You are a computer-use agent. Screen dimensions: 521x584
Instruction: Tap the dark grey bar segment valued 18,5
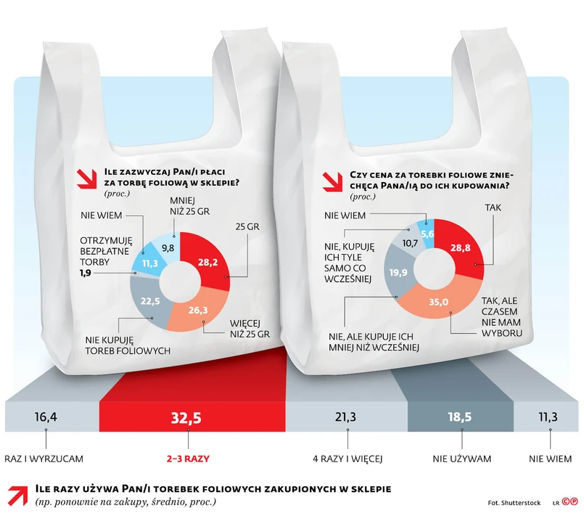(461, 417)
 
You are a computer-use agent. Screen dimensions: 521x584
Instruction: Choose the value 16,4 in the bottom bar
(46, 417)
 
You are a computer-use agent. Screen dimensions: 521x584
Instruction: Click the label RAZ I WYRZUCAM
(46, 459)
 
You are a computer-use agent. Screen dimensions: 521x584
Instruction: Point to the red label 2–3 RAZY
(189, 459)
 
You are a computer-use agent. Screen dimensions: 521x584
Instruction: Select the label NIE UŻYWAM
(462, 459)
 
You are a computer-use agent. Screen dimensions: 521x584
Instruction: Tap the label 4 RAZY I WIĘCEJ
(347, 459)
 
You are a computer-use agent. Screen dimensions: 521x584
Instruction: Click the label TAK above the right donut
(494, 208)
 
